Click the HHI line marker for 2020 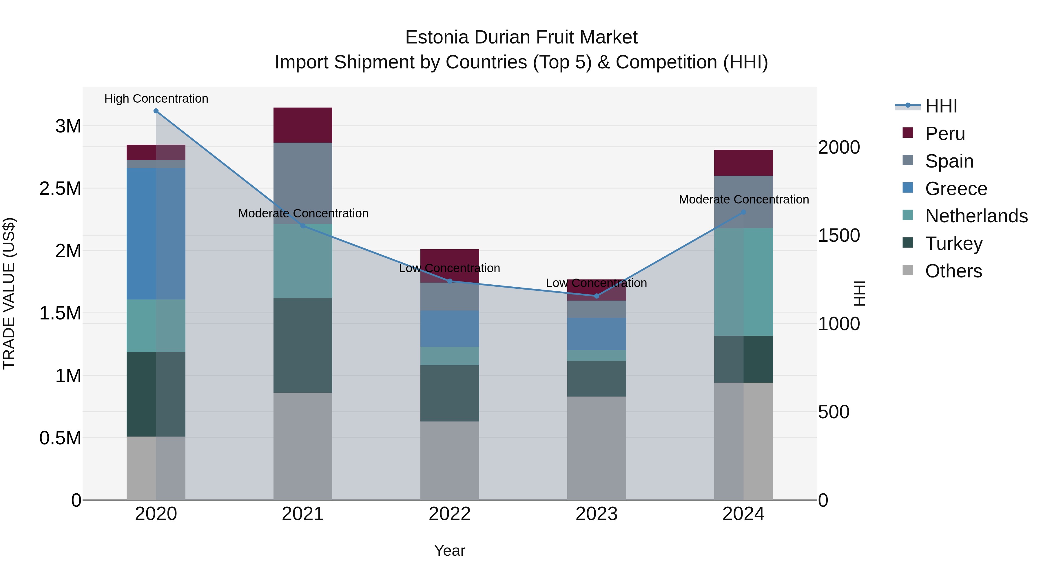tap(156, 111)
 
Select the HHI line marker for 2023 tap(597, 296)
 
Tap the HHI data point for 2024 tap(743, 212)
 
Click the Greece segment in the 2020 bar tap(156, 234)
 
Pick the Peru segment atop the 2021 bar tap(303, 125)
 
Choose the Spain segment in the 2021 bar tap(303, 183)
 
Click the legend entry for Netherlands tap(976, 216)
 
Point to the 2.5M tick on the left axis tap(60, 189)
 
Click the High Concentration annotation tap(156, 99)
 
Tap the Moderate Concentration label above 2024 tap(743, 199)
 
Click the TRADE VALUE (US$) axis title tap(9, 293)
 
